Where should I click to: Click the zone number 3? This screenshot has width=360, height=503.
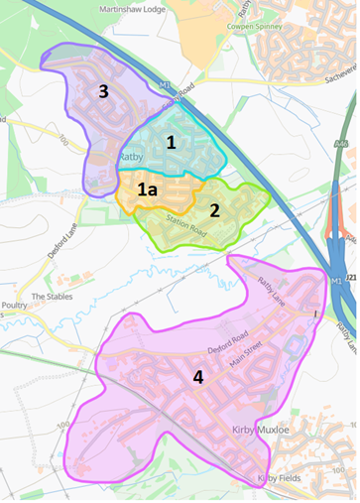pos(103,91)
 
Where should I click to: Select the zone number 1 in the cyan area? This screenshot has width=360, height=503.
pos(172,143)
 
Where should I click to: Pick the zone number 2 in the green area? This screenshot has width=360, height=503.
pos(214,210)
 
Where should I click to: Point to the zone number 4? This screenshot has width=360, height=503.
pos(197,377)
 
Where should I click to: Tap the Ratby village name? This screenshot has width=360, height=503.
pos(132,157)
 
